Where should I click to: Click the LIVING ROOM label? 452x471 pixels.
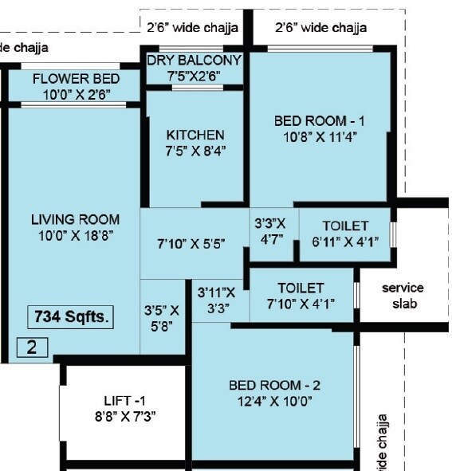pyautogui.click(x=75, y=219)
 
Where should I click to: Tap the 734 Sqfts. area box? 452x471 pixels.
pyautogui.click(x=71, y=316)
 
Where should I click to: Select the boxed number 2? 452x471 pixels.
pyautogui.click(x=33, y=347)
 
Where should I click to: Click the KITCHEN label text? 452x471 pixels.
pyautogui.click(x=195, y=135)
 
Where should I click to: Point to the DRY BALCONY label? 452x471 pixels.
pyautogui.click(x=195, y=61)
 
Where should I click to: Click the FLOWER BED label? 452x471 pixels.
pyautogui.click(x=76, y=79)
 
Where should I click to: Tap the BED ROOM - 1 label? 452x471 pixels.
pyautogui.click(x=319, y=121)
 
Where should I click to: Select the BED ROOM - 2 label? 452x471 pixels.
pyautogui.click(x=274, y=386)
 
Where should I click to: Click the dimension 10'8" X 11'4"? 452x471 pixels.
pyautogui.click(x=319, y=136)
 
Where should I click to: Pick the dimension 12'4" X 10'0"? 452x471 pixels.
pyautogui.click(x=274, y=401)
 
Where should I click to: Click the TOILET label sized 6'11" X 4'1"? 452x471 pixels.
pyautogui.click(x=345, y=226)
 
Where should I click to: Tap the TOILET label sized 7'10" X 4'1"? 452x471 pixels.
pyautogui.click(x=301, y=288)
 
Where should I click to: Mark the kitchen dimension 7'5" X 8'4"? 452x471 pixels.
pyautogui.click(x=195, y=150)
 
